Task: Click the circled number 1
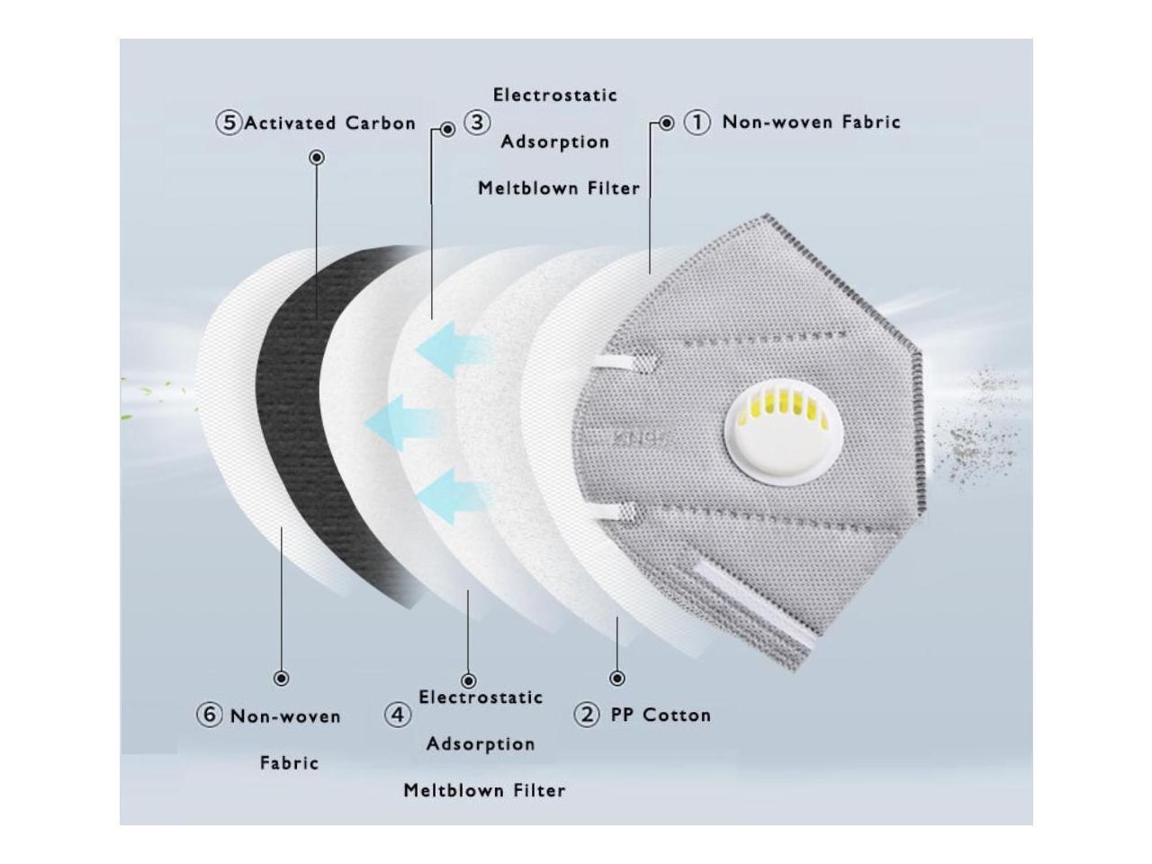697,122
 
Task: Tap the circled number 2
587,715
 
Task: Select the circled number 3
476,122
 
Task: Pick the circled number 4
399,715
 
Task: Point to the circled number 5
229,123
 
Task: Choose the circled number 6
209,715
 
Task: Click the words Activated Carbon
329,123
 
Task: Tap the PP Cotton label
661,715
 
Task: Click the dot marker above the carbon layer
317,157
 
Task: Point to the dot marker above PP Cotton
617,679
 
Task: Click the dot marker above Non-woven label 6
282,679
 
